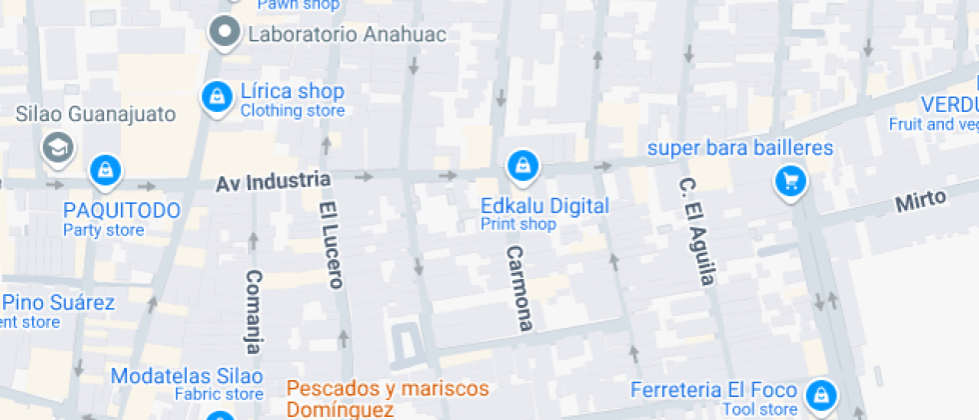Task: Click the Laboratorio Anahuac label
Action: [x=346, y=34]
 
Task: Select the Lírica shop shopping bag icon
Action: [x=215, y=97]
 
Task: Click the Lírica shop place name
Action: [x=292, y=92]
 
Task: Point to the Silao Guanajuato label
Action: [x=95, y=114]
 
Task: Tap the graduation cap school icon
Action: [x=58, y=148]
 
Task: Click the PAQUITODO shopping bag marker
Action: [x=104, y=170]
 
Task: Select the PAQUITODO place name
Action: [x=122, y=210]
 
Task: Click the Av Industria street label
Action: [x=273, y=181]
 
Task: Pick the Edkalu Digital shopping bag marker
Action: [x=520, y=165]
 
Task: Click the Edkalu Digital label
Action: [x=544, y=206]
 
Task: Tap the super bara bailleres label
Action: [x=740, y=149]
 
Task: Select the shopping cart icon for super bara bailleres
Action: [x=791, y=181]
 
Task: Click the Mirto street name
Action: [x=920, y=201]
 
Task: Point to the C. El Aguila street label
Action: [x=696, y=231]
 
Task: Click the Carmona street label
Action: [x=518, y=288]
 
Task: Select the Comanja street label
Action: [x=254, y=311]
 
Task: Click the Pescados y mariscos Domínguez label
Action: [x=388, y=398]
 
